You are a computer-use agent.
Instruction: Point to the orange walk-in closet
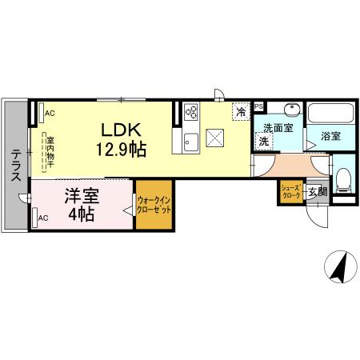pyautogui.click(x=153, y=207)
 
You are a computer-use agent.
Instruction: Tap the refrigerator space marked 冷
pyautogui.click(x=240, y=113)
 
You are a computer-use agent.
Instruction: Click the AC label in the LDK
pyautogui.click(x=50, y=114)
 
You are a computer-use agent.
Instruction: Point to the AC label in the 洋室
pyautogui.click(x=43, y=218)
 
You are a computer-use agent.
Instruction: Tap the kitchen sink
pyautogui.click(x=191, y=143)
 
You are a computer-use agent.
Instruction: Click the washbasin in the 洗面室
pyautogui.click(x=290, y=110)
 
